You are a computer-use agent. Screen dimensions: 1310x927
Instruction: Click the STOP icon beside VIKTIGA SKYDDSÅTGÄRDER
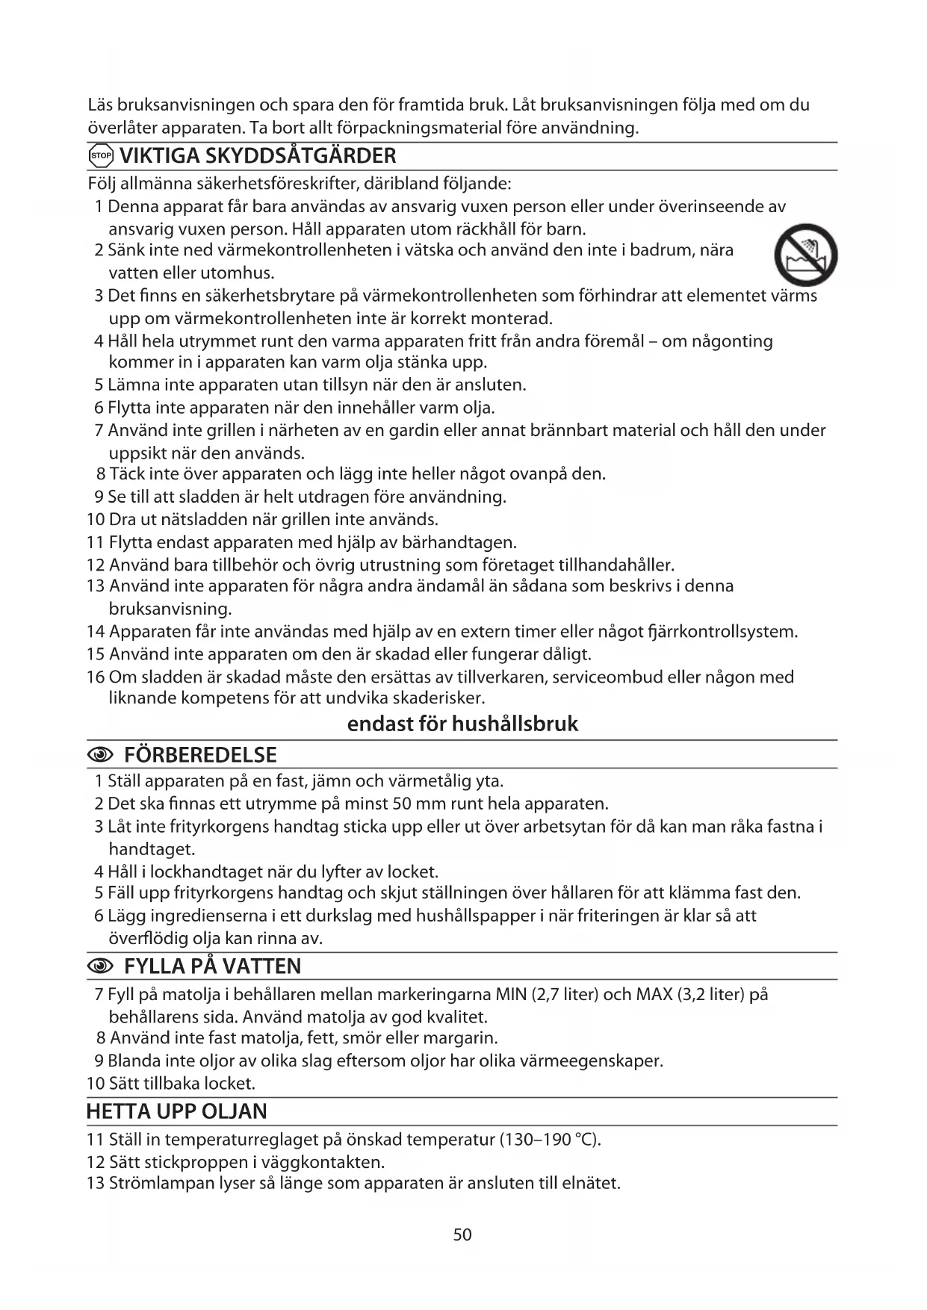[x=100, y=156]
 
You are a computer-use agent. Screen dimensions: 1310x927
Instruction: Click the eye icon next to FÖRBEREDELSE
[x=100, y=755]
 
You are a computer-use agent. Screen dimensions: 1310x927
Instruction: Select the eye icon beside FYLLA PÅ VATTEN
[x=100, y=966]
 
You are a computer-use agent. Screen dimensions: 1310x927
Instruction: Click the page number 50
[x=462, y=1235]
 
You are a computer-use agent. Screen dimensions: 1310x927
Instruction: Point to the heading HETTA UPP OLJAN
[x=176, y=1111]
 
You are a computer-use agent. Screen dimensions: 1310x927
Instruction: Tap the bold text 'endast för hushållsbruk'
[x=462, y=724]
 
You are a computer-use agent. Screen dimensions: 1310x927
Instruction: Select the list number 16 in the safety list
[x=96, y=677]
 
